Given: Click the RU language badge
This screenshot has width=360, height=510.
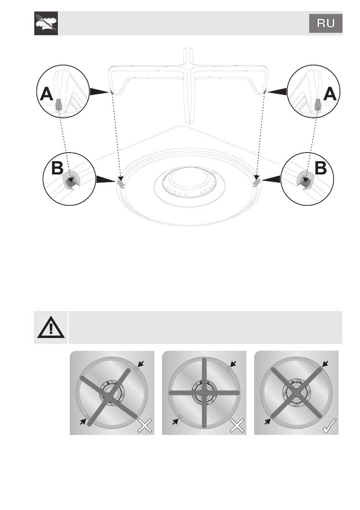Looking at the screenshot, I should click(326, 24).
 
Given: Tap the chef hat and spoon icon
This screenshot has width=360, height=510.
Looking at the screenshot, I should click(46, 24).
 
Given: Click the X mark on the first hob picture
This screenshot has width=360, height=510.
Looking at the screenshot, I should click(144, 425).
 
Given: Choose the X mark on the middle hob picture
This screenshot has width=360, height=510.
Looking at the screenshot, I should click(237, 425).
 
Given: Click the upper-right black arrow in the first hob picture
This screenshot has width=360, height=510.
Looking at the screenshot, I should click(141, 364).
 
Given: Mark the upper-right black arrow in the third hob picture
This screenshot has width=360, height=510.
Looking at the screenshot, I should click(326, 364).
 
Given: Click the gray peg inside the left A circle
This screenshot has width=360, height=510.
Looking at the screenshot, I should click(59, 104).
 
